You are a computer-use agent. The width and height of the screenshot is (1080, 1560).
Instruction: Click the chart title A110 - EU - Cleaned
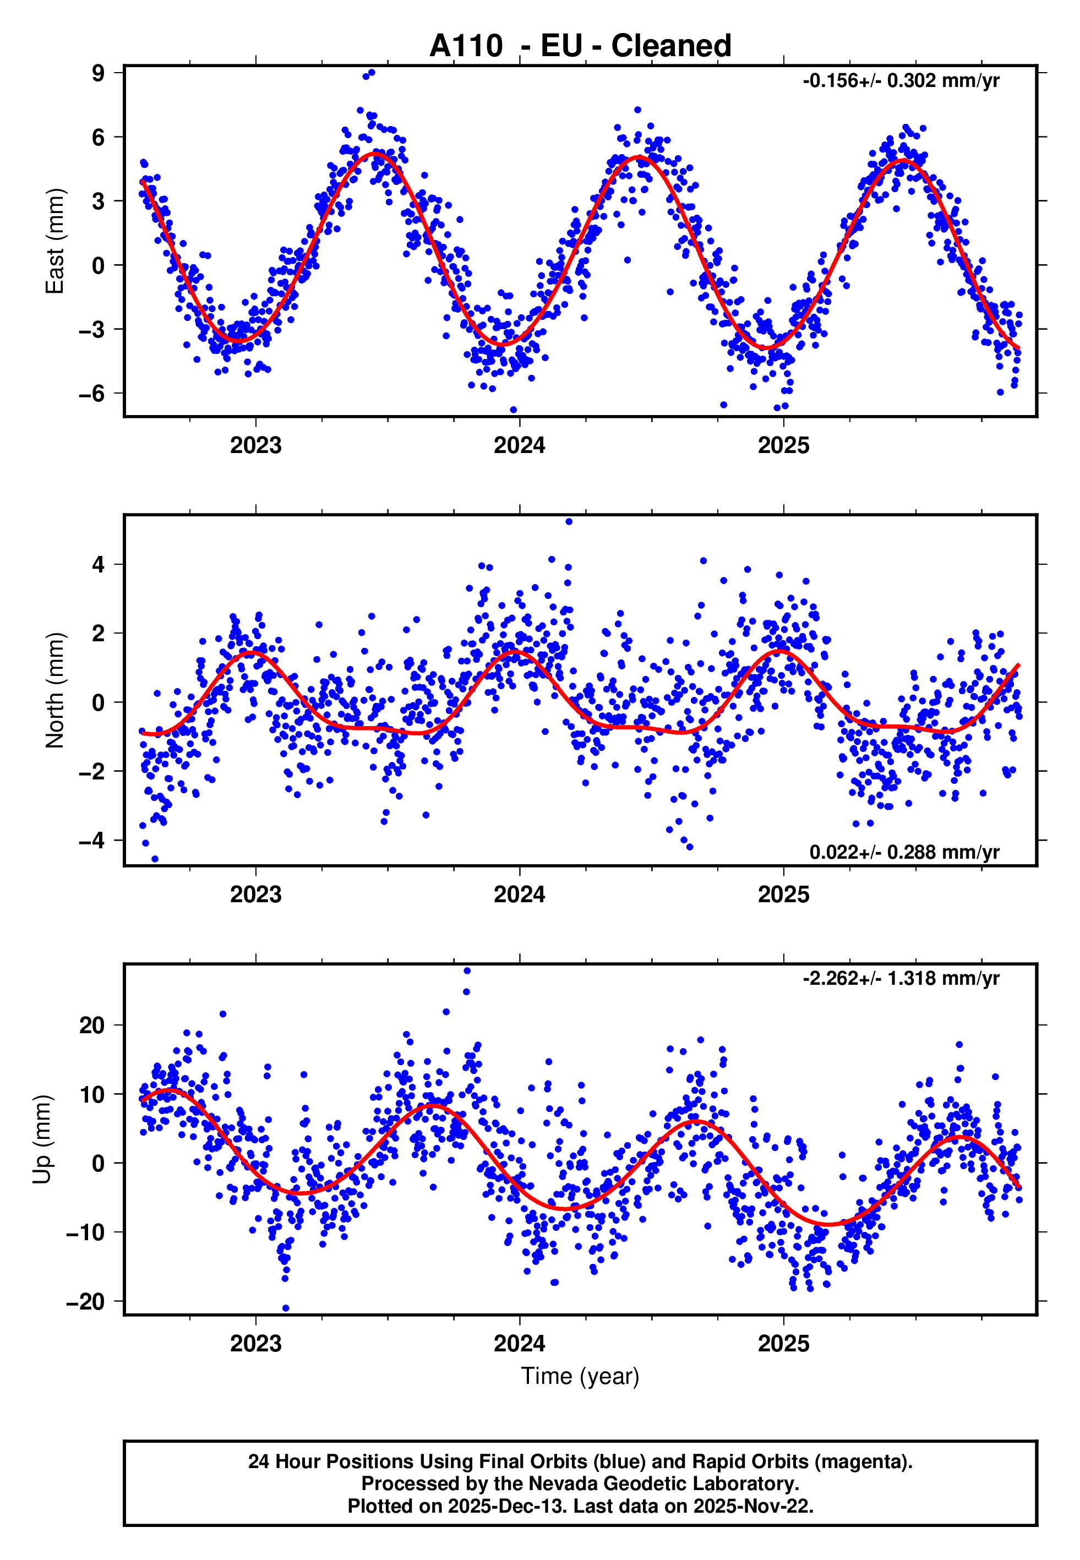580,46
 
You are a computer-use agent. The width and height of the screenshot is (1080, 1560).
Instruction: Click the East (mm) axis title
54,241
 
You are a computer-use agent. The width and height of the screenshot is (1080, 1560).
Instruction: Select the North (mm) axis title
54,690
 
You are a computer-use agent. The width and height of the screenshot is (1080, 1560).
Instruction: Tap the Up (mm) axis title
42,1139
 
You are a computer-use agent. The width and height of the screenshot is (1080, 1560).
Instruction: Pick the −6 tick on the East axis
91,394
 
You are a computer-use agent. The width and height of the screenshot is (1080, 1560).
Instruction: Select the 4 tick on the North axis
98,564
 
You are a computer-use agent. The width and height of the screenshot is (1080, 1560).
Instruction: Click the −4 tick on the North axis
91,841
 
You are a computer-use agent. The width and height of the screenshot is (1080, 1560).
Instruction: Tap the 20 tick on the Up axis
92,1026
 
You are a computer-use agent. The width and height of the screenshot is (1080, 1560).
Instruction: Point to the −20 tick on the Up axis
85,1302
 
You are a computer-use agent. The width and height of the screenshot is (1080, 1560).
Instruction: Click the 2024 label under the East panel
519,445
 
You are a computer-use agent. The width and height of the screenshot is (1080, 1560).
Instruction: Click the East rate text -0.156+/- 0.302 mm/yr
901,81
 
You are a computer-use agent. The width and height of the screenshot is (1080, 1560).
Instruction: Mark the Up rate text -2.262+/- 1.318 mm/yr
901,978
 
